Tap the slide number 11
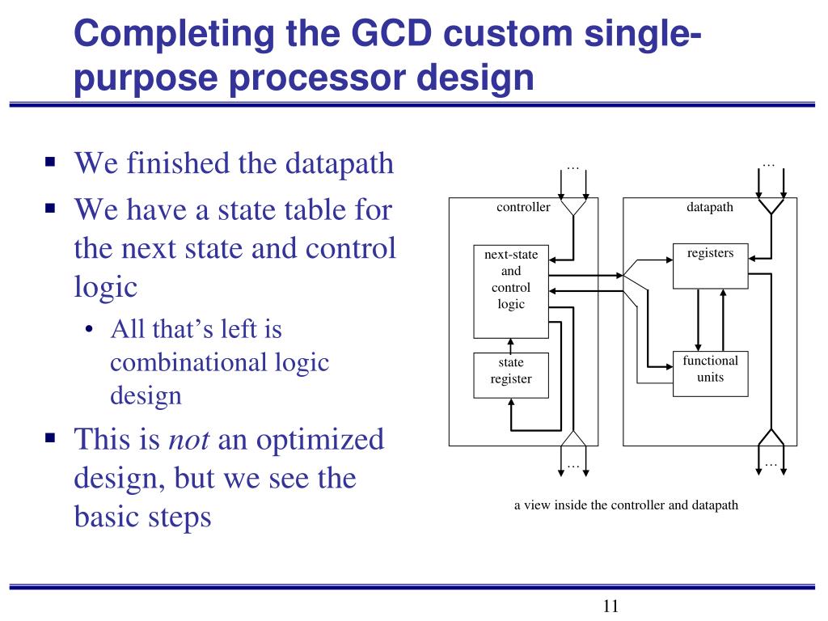[610, 606]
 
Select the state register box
[510, 375]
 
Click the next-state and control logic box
[510, 289]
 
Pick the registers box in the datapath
[710, 264]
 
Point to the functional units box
[710, 373]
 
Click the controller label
[523, 207]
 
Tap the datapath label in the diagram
[710, 207]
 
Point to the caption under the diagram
[626, 505]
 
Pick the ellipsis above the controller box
[573, 166]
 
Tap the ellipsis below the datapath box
[770, 464]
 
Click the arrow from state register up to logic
[510, 345]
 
